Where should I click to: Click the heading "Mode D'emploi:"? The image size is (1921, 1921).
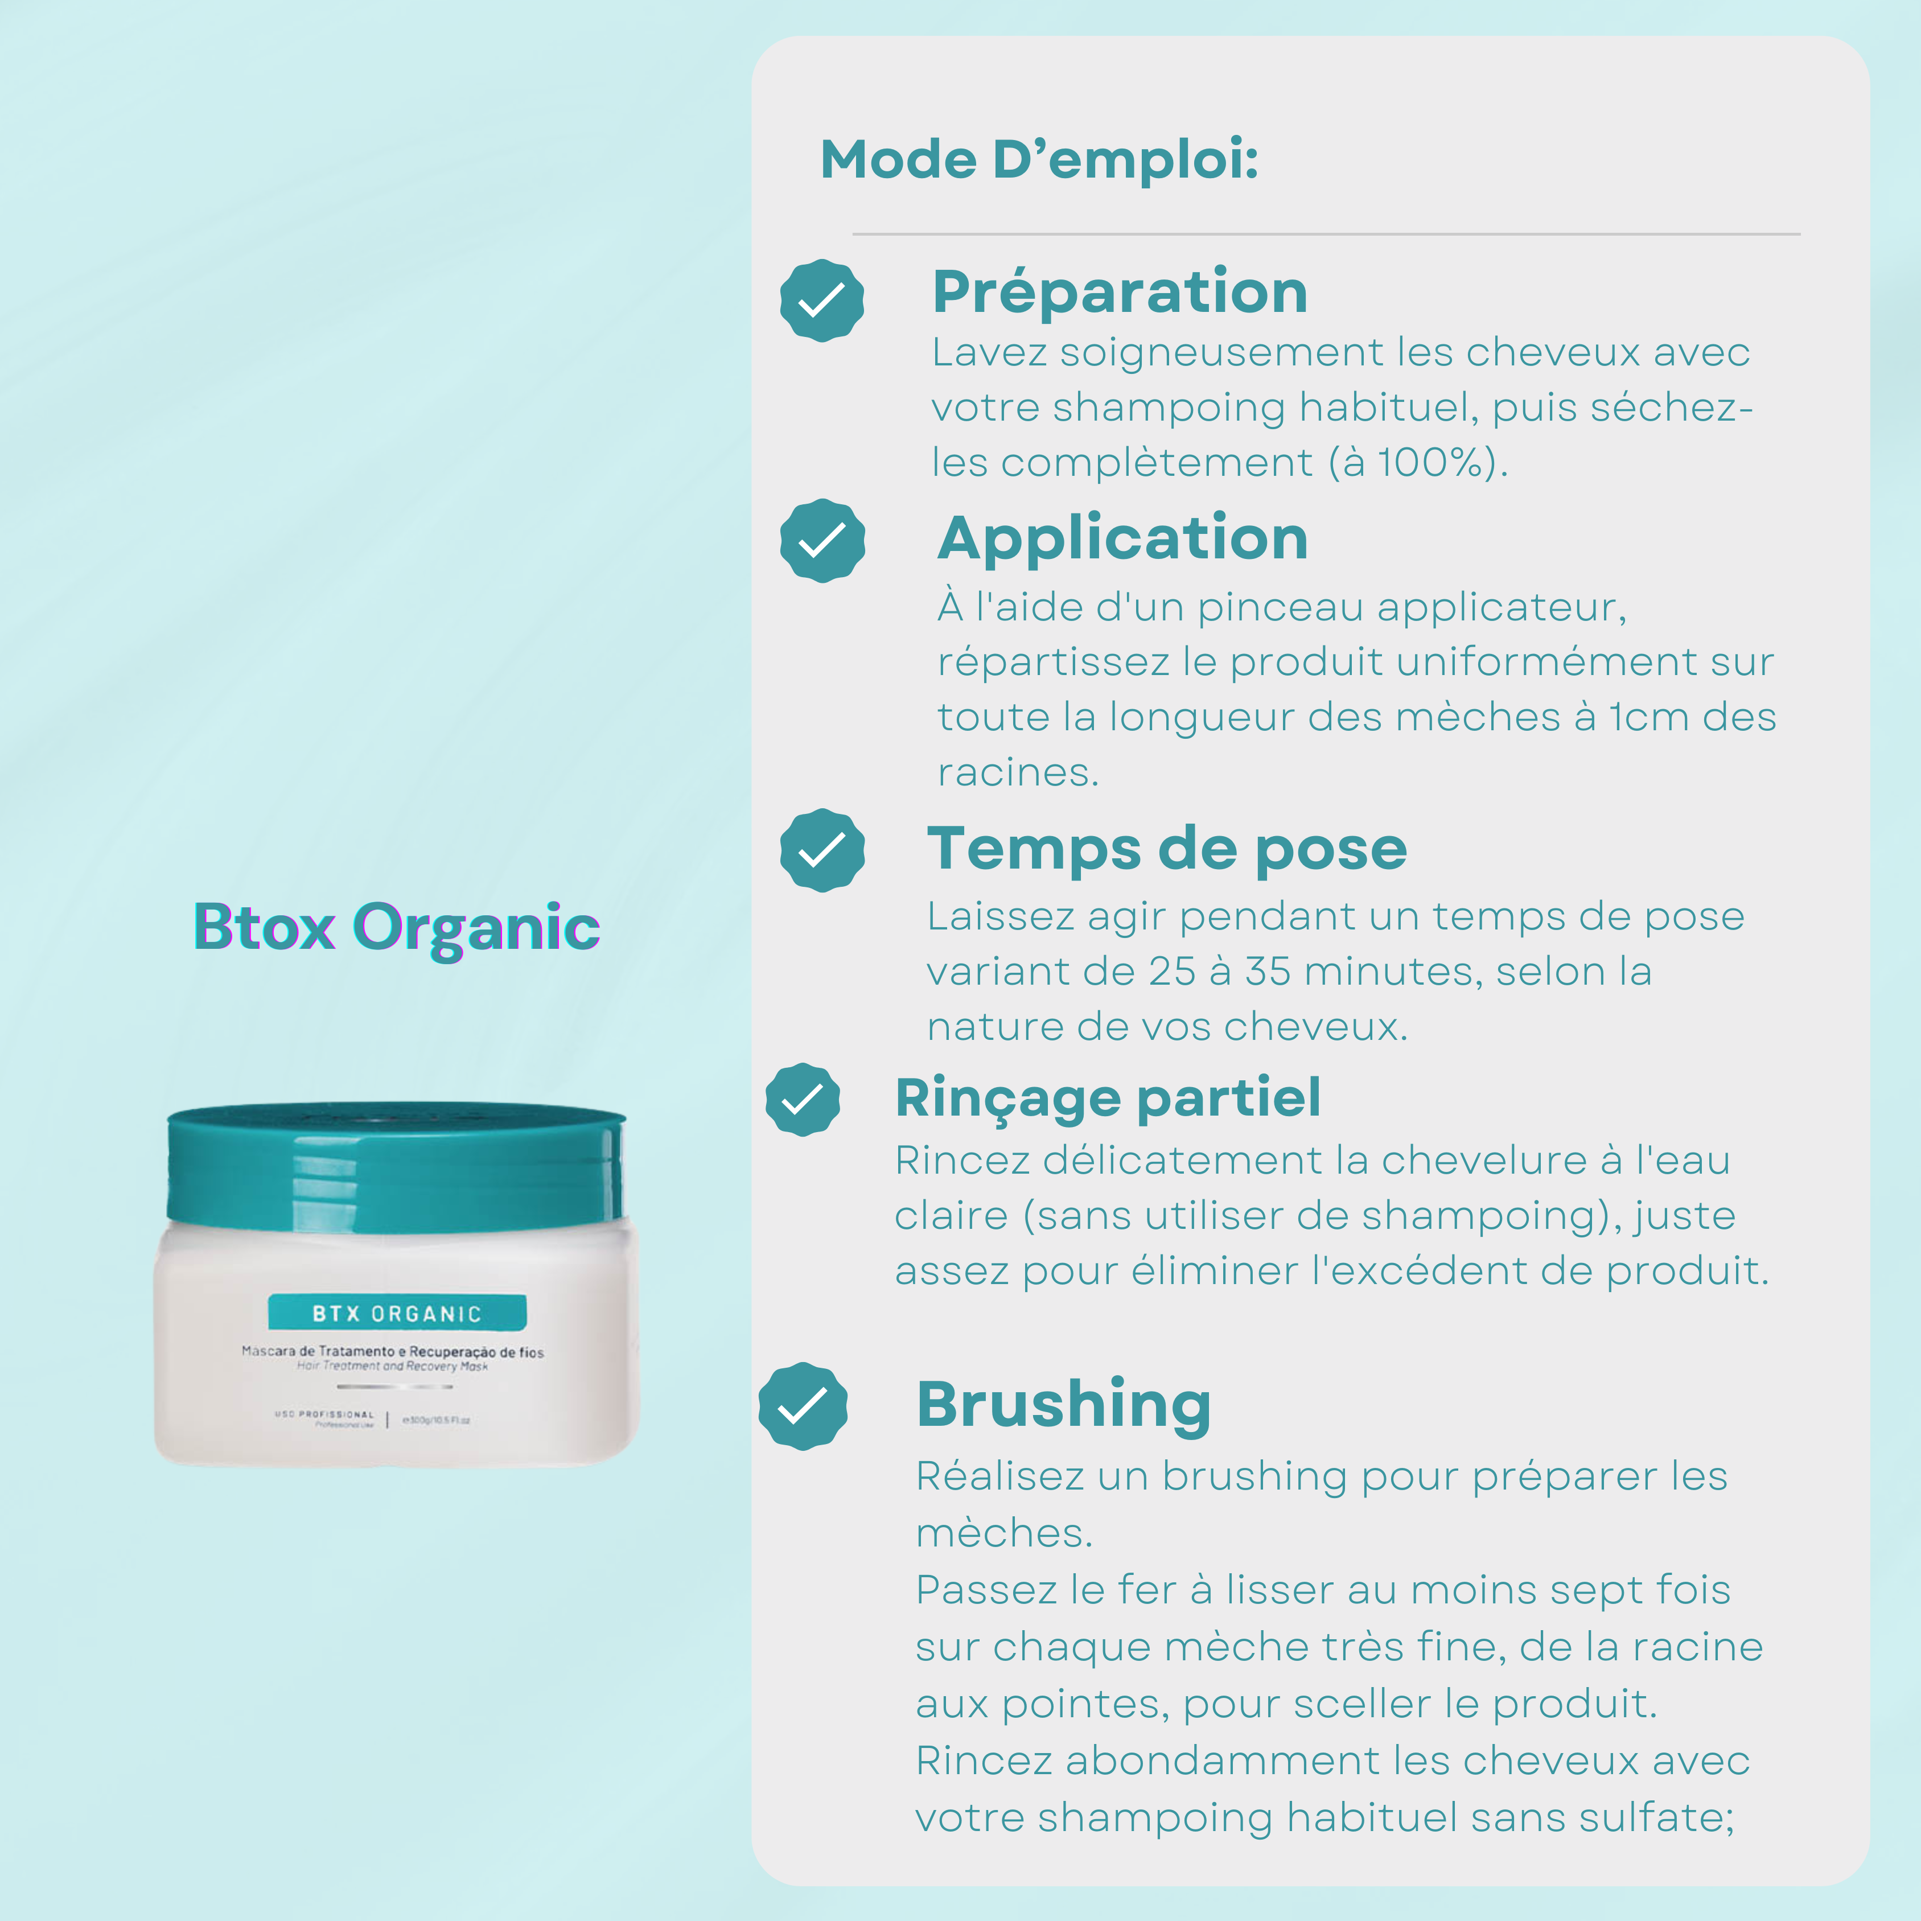1039,160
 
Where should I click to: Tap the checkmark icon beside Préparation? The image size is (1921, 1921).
821,301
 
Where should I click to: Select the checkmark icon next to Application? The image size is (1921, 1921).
821,541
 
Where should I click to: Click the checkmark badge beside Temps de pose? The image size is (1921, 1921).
821,850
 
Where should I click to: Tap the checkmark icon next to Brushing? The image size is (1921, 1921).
803,1406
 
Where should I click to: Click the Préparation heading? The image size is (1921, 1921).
1120,293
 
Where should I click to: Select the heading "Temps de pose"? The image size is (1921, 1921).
1166,850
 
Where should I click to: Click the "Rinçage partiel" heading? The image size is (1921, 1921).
1108,1098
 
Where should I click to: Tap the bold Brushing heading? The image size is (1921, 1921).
1063,1405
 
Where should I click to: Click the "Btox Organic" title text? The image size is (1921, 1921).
397,927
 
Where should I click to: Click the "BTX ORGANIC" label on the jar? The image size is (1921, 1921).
397,1314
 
